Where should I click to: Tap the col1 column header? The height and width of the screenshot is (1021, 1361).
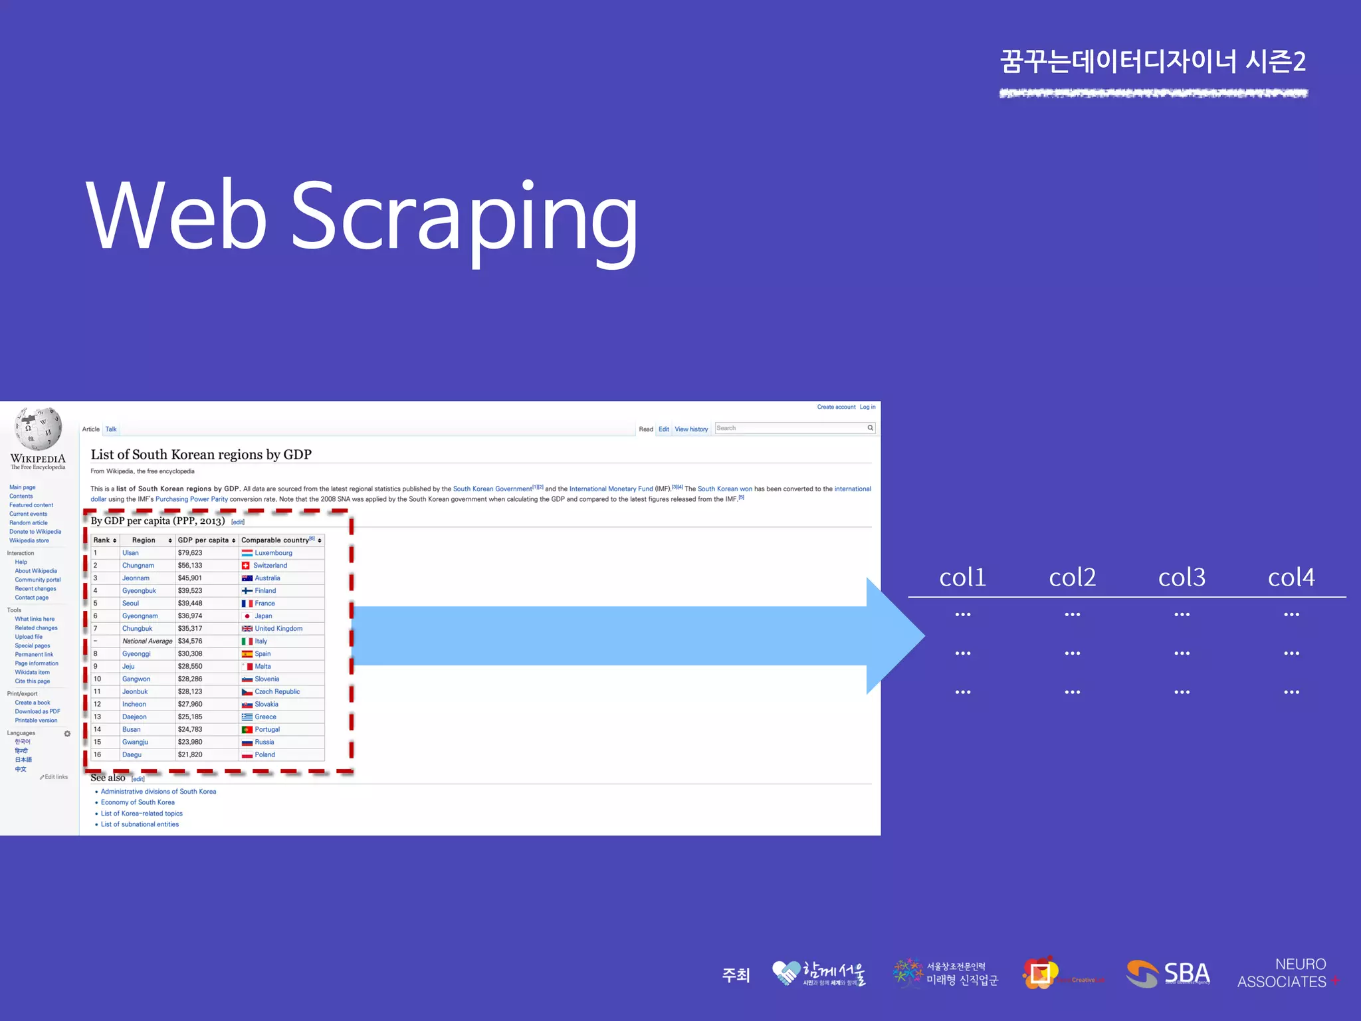[x=962, y=577]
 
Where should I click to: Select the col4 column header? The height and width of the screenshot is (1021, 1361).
[x=1291, y=577]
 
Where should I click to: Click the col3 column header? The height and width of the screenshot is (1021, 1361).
[x=1182, y=577]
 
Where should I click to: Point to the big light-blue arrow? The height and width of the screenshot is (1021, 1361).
[x=631, y=635]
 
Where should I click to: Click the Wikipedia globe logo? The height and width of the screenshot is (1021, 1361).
[x=39, y=428]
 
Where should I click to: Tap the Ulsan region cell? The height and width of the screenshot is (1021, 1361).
[x=130, y=553]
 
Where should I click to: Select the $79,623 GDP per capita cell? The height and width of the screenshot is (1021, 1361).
[x=190, y=553]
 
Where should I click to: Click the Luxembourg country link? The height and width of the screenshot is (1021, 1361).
[x=273, y=553]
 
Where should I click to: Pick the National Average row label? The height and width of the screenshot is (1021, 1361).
[x=147, y=641]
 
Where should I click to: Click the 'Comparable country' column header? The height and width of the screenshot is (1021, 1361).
[x=275, y=540]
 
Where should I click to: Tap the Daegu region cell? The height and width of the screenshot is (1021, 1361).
[x=132, y=755]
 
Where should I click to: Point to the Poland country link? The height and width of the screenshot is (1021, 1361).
[x=264, y=755]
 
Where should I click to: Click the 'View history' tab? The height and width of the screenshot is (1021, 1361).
[x=691, y=429]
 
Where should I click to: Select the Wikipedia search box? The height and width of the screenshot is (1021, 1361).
[x=791, y=428]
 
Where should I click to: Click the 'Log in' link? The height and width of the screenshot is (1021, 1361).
[x=867, y=407]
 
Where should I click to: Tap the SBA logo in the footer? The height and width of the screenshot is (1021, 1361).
[x=1168, y=974]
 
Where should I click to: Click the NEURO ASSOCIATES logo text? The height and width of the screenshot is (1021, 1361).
[x=1283, y=973]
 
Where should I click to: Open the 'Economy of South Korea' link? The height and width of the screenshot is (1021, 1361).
[x=138, y=802]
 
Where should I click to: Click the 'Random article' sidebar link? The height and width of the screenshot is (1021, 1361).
[x=29, y=523]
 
